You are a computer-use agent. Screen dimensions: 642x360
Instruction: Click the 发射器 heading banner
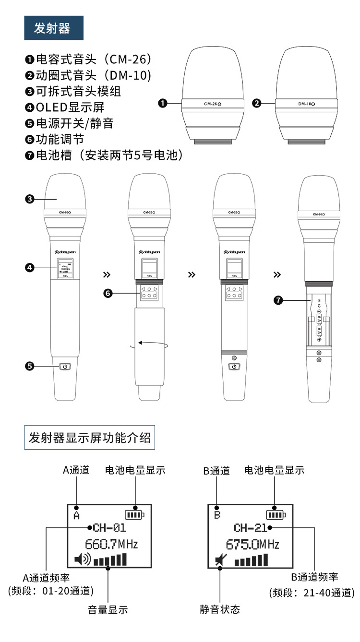[x=54, y=28]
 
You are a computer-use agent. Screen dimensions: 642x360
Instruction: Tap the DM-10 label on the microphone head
[x=305, y=103]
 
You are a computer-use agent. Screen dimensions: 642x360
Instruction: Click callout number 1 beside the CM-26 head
[x=163, y=103]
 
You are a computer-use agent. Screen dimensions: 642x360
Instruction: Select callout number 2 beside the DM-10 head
[x=257, y=103]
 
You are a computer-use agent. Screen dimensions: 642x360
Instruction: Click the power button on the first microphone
[x=65, y=367]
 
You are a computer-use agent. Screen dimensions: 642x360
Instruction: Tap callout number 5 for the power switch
[x=30, y=367]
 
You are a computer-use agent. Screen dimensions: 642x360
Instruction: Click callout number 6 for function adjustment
[x=108, y=293]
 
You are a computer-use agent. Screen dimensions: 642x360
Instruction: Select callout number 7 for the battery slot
[x=278, y=300]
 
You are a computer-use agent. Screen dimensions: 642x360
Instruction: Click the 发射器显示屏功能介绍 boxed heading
[x=89, y=437]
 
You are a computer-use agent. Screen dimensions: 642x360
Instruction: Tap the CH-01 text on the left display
[x=109, y=528]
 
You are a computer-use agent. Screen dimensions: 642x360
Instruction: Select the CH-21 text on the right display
[x=250, y=528]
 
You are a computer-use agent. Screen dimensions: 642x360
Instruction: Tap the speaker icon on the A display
[x=82, y=559]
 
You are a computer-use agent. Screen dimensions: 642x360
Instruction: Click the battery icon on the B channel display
[x=276, y=515]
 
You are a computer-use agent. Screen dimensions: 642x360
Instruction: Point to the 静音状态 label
[x=220, y=610]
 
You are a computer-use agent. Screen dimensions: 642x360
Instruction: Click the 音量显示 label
[x=108, y=610]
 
